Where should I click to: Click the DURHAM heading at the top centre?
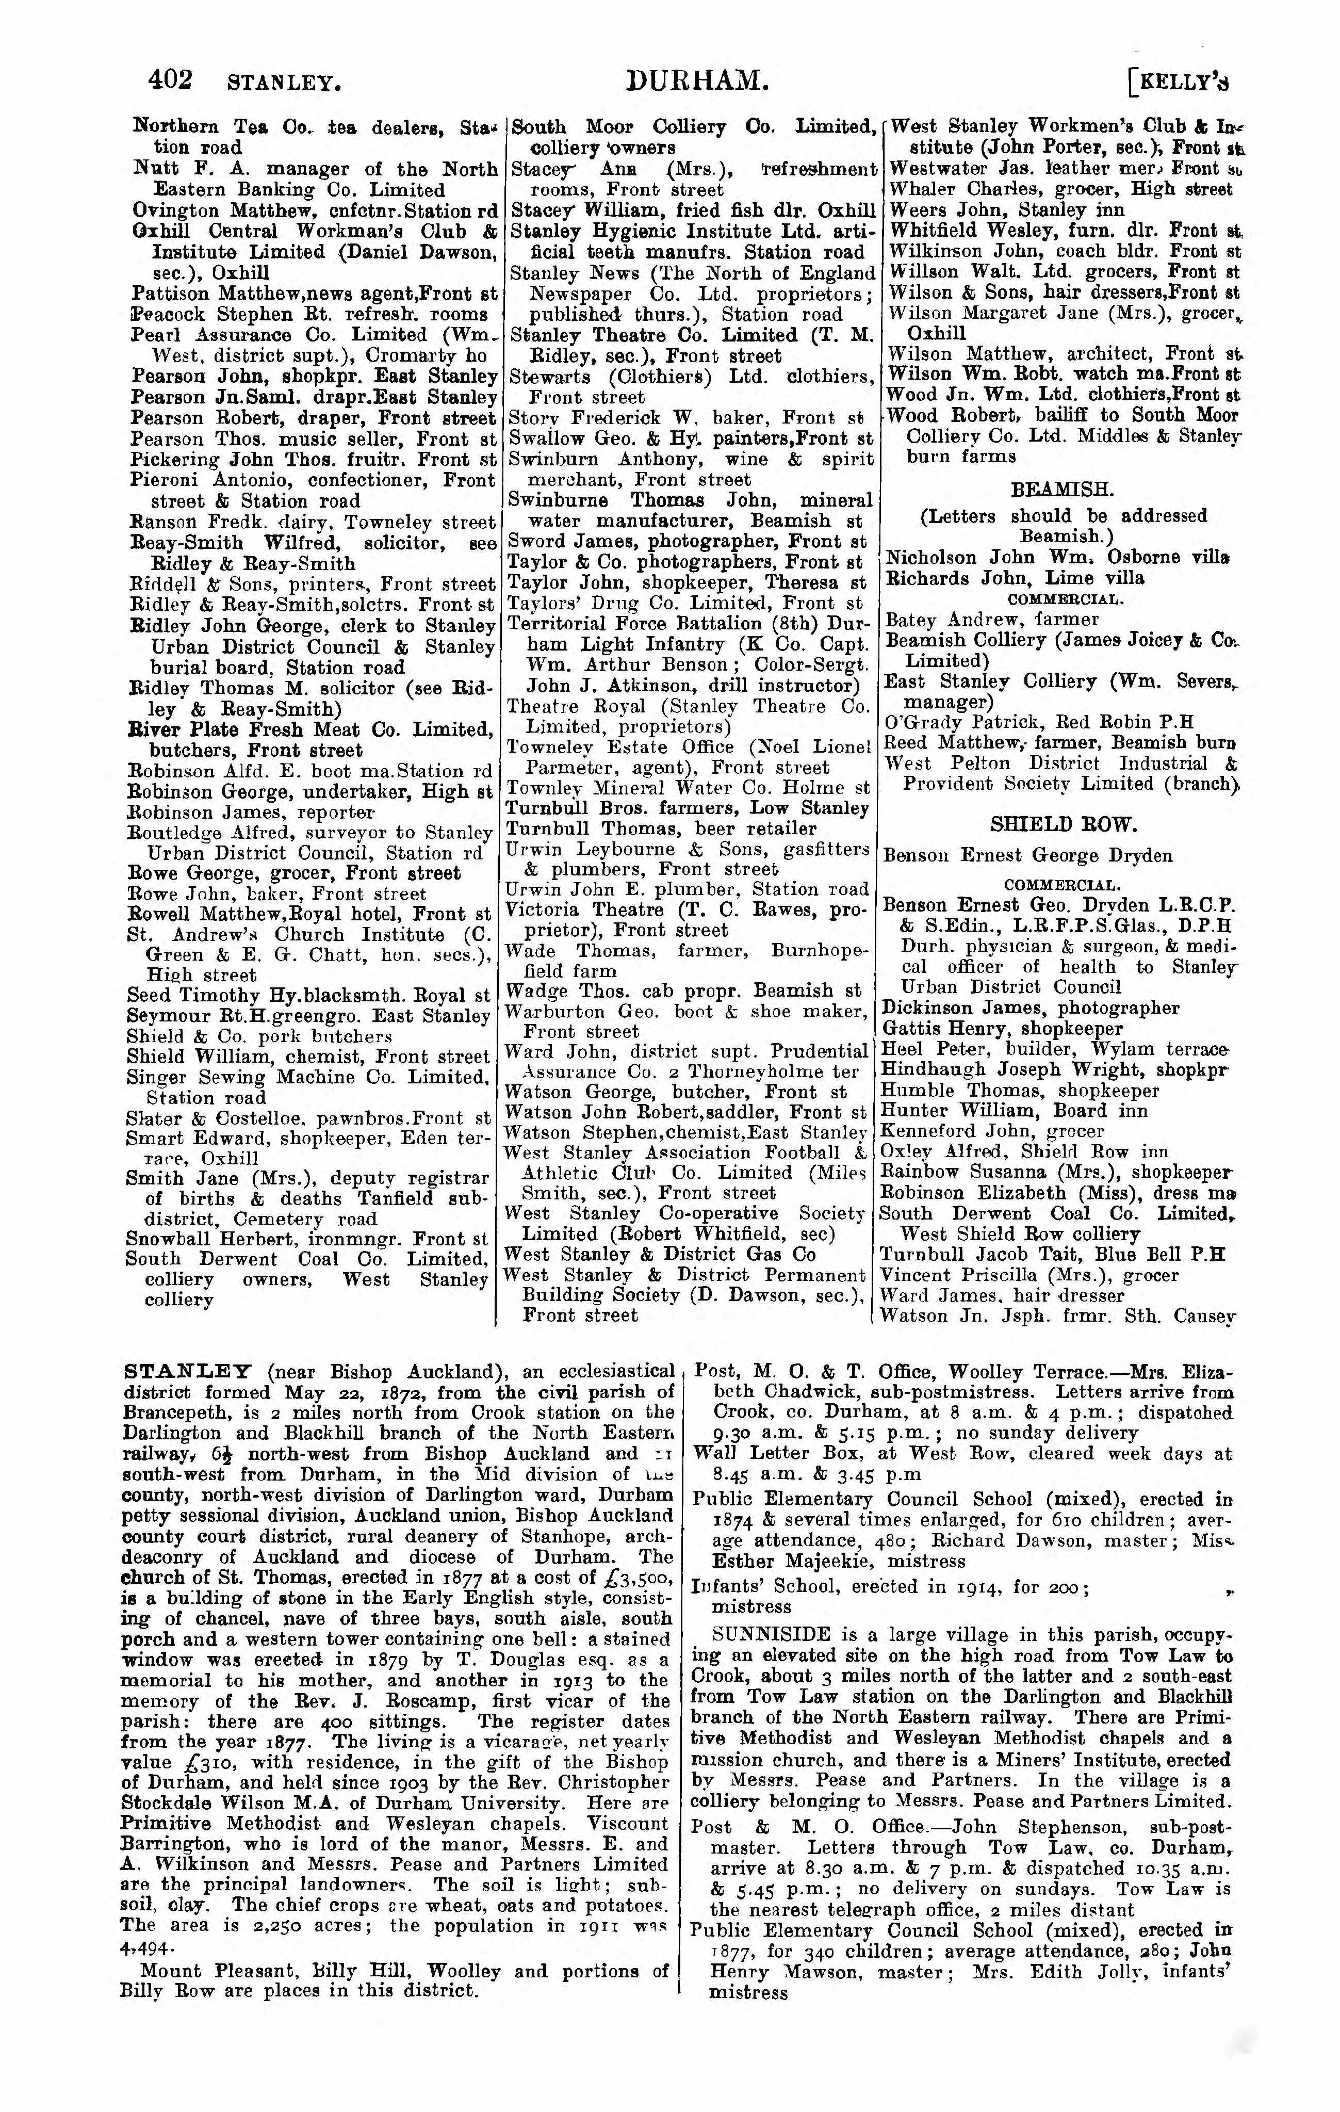tap(698, 82)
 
